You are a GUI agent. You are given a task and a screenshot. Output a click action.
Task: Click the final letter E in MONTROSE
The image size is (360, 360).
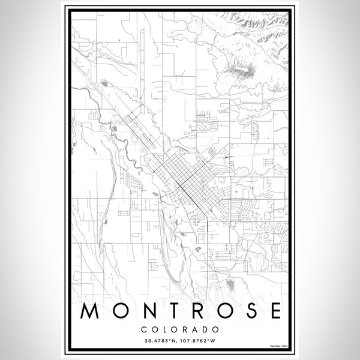click(273, 311)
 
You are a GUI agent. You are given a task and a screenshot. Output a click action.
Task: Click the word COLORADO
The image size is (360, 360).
click(179, 329)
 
